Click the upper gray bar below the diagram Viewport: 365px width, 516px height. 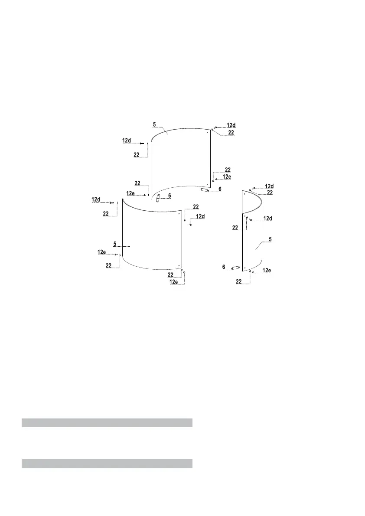coord(107,422)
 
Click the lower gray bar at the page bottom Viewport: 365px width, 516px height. coord(107,464)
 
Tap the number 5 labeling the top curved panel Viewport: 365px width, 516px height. coord(154,125)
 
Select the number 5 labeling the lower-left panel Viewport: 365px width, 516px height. coord(115,244)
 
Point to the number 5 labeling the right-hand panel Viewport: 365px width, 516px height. coord(270,239)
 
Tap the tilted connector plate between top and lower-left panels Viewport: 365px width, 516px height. coord(158,199)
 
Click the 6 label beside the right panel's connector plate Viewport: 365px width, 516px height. coord(224,267)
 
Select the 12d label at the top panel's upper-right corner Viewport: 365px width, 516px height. coord(231,125)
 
